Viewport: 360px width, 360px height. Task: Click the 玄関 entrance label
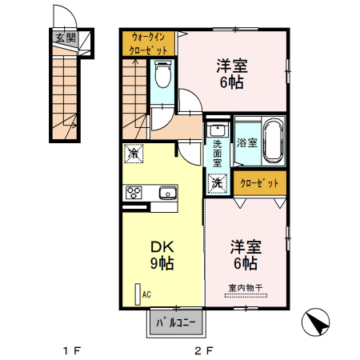pos(66,37)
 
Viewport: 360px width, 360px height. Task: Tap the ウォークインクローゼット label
pos(149,43)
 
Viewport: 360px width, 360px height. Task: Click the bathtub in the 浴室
pos(272,142)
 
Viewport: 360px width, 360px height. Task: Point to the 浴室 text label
pos(246,143)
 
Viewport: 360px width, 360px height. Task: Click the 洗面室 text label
pos(217,152)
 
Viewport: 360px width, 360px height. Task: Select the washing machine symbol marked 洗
pos(217,183)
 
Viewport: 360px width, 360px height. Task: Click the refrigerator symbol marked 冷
pos(133,151)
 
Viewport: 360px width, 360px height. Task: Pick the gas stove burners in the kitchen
pos(134,192)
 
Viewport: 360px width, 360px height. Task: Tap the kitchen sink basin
pos(168,192)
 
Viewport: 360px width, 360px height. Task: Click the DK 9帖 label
pos(162,255)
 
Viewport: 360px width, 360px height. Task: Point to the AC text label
pos(146,294)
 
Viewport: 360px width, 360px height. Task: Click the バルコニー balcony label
pos(175,324)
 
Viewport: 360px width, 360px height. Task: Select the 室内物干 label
pos(246,287)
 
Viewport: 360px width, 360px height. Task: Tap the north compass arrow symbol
pos(317,323)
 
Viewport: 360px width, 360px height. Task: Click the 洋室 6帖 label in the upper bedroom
pos(232,74)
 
